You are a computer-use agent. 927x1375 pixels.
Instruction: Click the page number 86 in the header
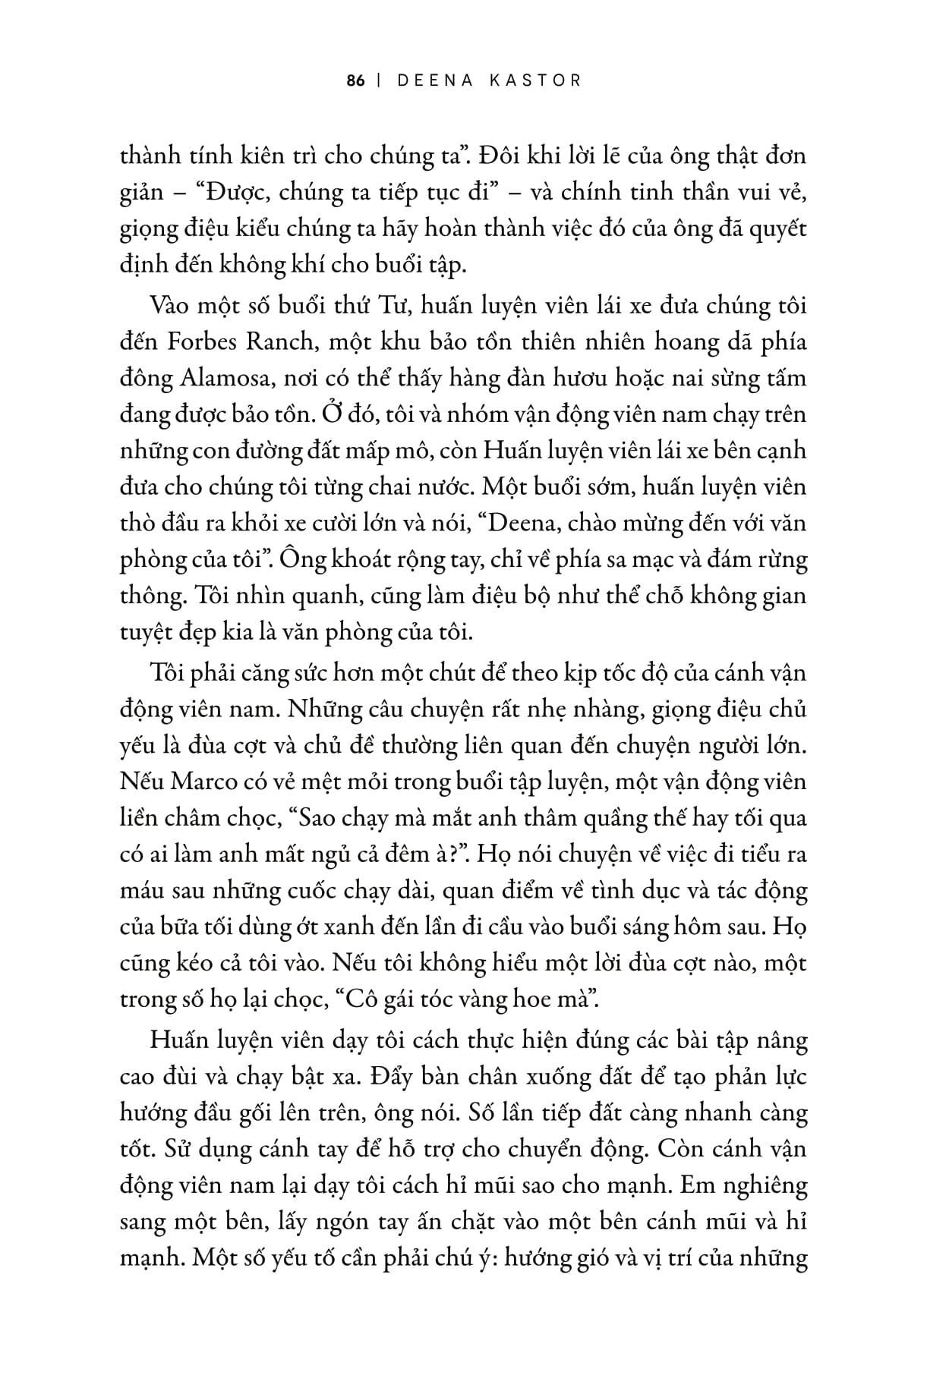tap(356, 80)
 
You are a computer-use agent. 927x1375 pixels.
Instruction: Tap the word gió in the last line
tap(584, 1258)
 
